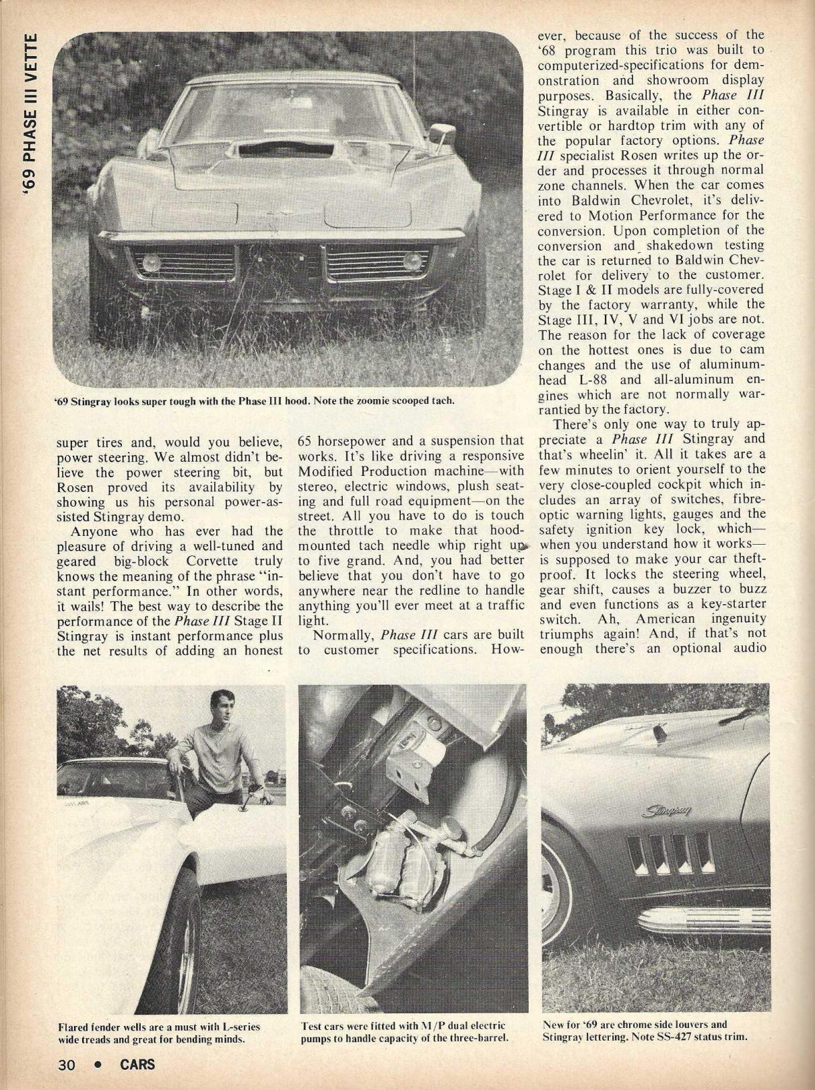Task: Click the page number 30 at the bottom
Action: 66,1065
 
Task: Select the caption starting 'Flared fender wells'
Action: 160,1032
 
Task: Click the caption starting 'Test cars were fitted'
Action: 403,1032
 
